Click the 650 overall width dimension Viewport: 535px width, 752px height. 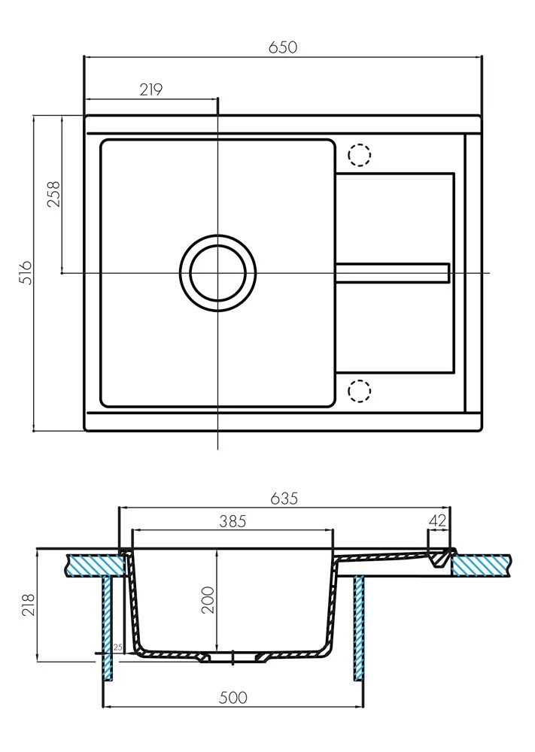coord(283,47)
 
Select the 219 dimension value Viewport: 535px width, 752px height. coord(151,89)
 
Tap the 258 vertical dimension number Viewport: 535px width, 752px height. coord(53,194)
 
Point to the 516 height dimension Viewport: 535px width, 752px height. coord(25,272)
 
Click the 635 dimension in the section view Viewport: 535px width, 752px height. coord(284,499)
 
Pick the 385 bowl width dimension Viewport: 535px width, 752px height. coord(233,521)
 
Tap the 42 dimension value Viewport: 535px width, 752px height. coord(437,520)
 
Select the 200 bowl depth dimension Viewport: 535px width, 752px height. coord(208,599)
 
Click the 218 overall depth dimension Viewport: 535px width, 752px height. coord(29,605)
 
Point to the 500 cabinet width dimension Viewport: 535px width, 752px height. coord(233,698)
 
